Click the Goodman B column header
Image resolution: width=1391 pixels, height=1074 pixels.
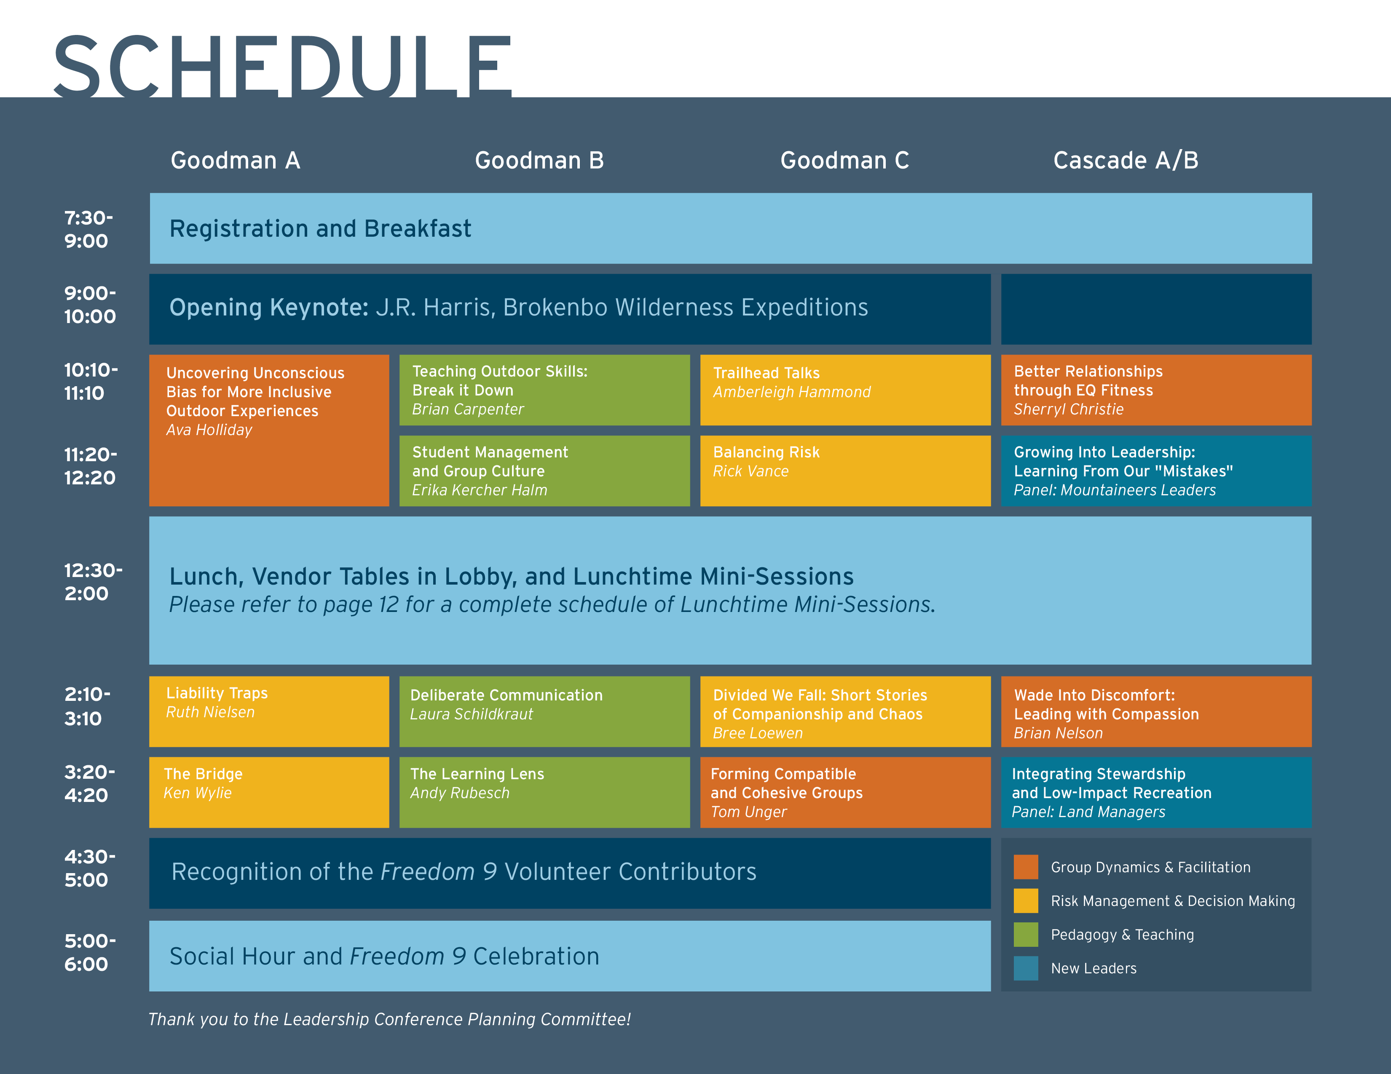click(539, 160)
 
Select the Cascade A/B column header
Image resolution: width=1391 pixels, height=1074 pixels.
click(1126, 160)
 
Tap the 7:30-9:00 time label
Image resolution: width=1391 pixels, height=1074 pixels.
click(88, 229)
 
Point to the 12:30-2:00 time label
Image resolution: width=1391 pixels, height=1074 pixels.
click(93, 581)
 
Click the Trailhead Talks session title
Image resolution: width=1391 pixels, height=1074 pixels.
click(766, 373)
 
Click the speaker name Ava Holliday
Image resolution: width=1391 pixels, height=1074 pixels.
click(209, 430)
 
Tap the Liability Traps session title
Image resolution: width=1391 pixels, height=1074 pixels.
click(217, 693)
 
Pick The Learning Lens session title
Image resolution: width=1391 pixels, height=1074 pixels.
click(477, 774)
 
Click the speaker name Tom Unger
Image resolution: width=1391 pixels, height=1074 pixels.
click(748, 812)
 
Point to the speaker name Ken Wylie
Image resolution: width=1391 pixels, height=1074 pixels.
click(198, 793)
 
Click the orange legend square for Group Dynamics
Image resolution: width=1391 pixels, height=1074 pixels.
click(1025, 866)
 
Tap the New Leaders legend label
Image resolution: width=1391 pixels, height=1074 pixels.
click(1093, 968)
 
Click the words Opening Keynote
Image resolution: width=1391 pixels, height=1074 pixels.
click(269, 307)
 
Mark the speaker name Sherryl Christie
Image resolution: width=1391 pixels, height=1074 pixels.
click(1068, 409)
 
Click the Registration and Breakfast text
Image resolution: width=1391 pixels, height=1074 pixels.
click(320, 229)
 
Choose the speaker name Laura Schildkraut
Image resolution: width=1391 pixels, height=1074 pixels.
click(471, 714)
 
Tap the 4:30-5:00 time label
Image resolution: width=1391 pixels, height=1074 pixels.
click(90, 868)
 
